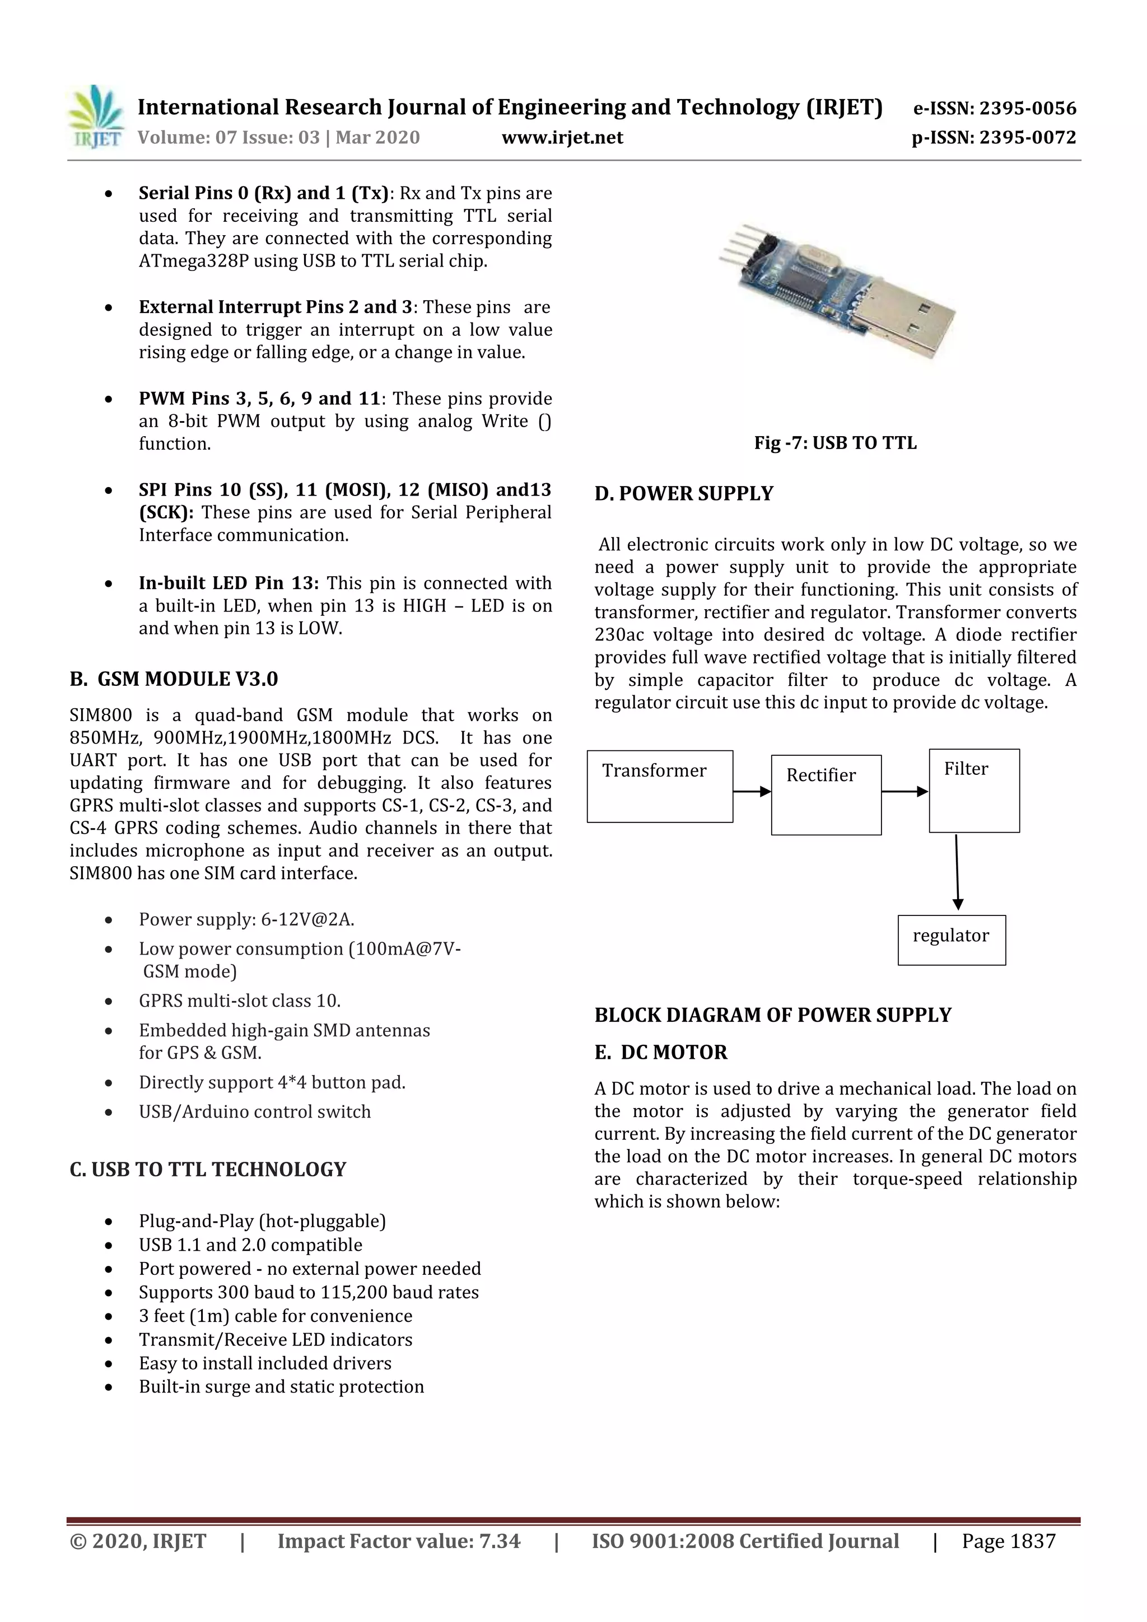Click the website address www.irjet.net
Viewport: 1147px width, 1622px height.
(562, 137)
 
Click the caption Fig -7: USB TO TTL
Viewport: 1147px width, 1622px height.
(834, 443)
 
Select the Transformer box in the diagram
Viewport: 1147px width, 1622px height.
(659, 786)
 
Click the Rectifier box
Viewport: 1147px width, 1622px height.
(826, 794)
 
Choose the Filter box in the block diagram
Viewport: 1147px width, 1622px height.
(973, 790)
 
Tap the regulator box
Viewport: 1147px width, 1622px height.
(950, 939)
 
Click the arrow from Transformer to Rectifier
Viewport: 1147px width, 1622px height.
(751, 791)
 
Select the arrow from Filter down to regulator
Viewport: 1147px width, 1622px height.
(957, 872)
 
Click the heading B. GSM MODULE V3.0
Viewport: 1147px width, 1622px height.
(174, 679)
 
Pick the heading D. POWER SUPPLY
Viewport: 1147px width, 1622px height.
(683, 493)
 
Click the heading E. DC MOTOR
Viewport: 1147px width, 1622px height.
(660, 1052)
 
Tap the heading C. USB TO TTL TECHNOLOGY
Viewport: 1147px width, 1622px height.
(208, 1169)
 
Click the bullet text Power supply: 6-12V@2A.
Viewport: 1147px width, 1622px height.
(246, 919)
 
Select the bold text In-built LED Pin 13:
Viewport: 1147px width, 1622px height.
(229, 583)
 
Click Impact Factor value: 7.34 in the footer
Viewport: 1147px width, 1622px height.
(399, 1541)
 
